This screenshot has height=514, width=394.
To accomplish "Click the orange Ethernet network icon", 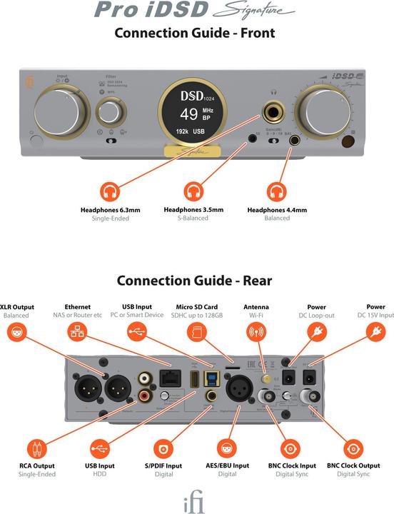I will coord(77,332).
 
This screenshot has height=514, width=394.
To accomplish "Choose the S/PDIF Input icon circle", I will coord(164,449).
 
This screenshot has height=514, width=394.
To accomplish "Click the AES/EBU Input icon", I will coord(227,449).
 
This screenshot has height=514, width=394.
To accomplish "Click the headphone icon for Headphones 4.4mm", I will coord(277,191).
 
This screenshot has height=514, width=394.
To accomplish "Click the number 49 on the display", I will coord(189,114).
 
